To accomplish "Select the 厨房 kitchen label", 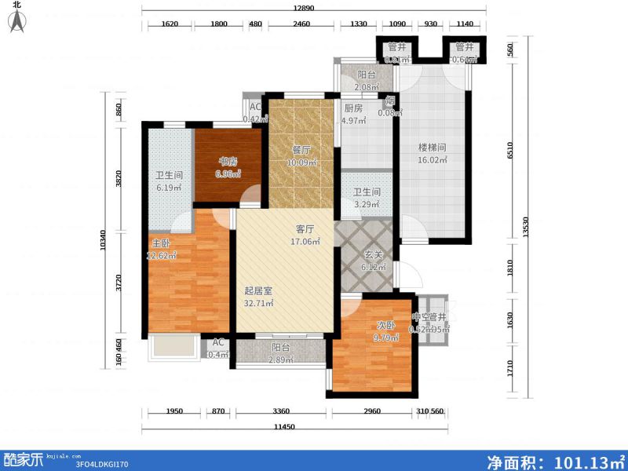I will point(352,109).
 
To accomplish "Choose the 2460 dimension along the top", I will point(302,24).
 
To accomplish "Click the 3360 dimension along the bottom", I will point(282,411).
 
